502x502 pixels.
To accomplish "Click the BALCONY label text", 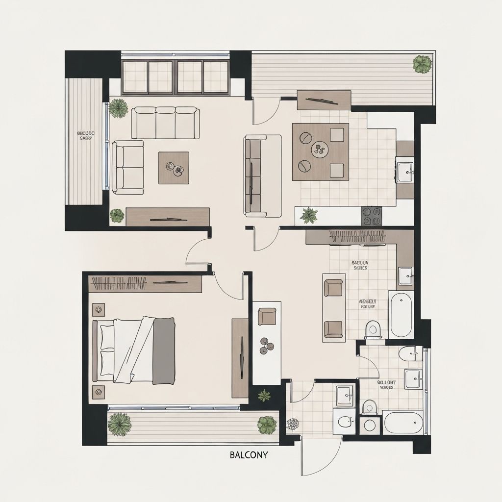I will [x=249, y=455].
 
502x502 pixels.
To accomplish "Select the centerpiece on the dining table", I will [x=320, y=148].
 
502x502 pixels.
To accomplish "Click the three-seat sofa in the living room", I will [x=165, y=123].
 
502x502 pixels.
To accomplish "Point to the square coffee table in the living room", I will [x=174, y=168].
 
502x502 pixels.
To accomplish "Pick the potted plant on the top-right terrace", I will [x=422, y=64].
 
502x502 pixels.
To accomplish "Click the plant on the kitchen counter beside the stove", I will [x=309, y=215].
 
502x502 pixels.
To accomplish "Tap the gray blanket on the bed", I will [x=164, y=351].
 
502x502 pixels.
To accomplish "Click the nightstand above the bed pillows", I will [x=99, y=309].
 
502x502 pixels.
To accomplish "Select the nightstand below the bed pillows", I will [x=99, y=392].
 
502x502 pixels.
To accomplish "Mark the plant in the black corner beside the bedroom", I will [x=264, y=395].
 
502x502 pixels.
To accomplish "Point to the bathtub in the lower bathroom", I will [x=403, y=423].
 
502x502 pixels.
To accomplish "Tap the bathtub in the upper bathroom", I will [x=401, y=314].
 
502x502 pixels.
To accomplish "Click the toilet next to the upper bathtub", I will [x=374, y=329].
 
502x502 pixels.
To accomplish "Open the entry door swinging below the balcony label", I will [x=321, y=456].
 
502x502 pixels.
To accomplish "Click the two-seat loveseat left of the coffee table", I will [x=127, y=167].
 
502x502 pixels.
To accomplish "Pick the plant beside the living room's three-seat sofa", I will [x=118, y=108].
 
